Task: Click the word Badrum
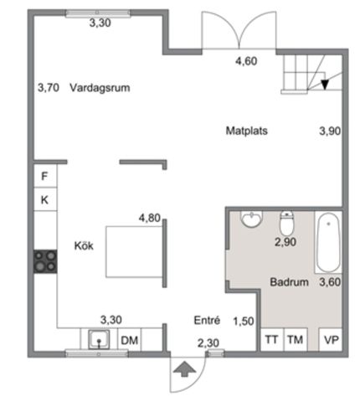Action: pos(289,282)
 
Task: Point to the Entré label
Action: pos(207,319)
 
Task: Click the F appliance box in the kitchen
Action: pos(44,177)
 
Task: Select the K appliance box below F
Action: pos(44,199)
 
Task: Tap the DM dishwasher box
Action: pos(129,339)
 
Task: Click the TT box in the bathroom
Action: pos(270,339)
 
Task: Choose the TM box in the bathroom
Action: pos(294,339)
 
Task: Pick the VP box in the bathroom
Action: pos(331,339)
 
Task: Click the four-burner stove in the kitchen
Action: pos(44,261)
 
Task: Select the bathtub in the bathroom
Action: pos(327,242)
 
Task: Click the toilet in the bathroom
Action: pos(286,224)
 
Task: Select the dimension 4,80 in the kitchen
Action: pos(149,219)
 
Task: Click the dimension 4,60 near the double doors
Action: pos(245,60)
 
